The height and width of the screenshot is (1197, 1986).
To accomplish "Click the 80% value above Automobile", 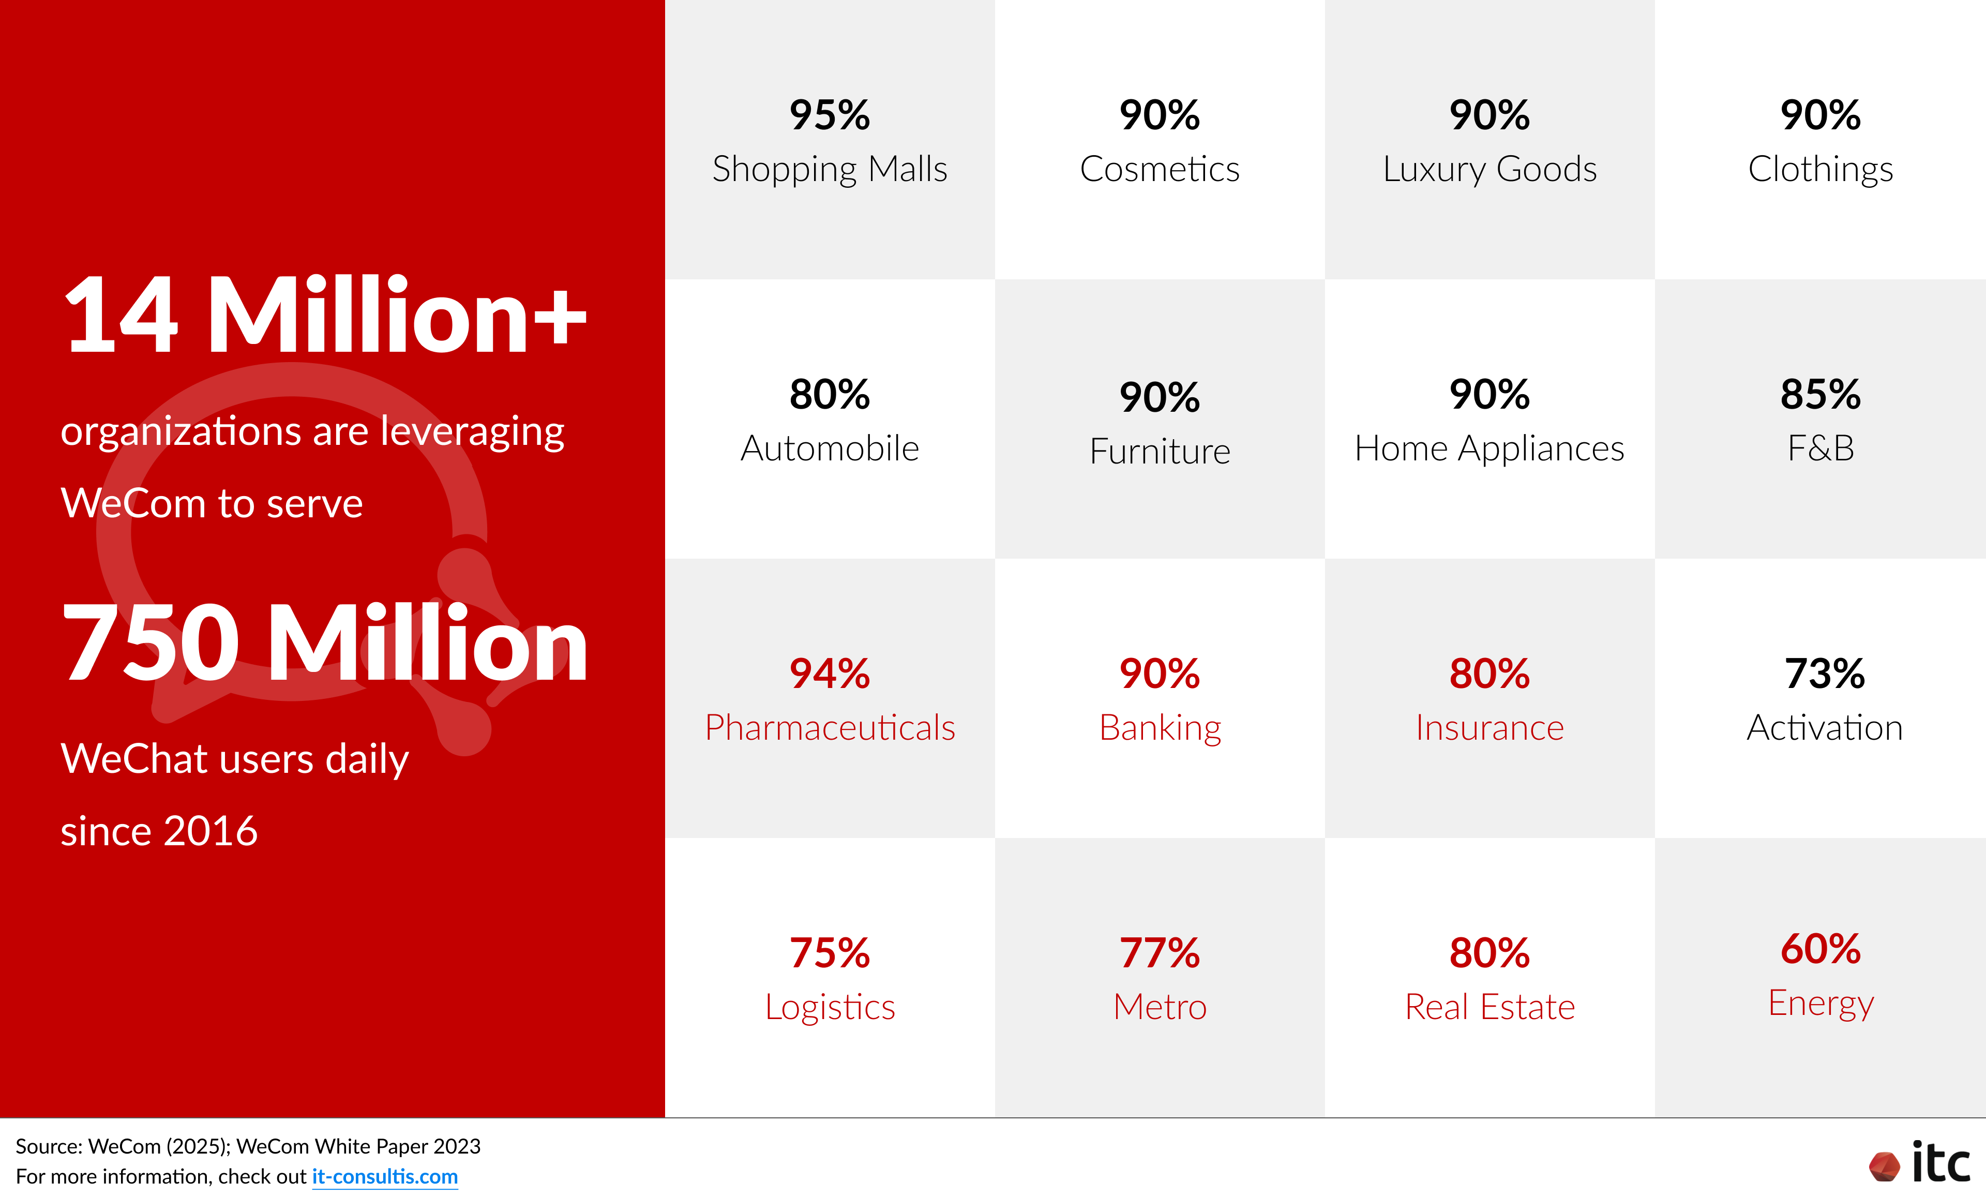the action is point(830,394).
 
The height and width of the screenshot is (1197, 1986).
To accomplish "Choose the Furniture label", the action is point(1160,452).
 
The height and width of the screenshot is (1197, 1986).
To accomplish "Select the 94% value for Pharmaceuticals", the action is point(830,674).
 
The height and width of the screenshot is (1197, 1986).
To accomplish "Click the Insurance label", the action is point(1489,728).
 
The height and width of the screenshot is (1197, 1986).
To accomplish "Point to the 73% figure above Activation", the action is point(1824,674).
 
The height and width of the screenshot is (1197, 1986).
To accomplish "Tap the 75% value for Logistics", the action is point(830,953).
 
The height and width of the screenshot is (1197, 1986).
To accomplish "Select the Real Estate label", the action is point(1489,1007).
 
